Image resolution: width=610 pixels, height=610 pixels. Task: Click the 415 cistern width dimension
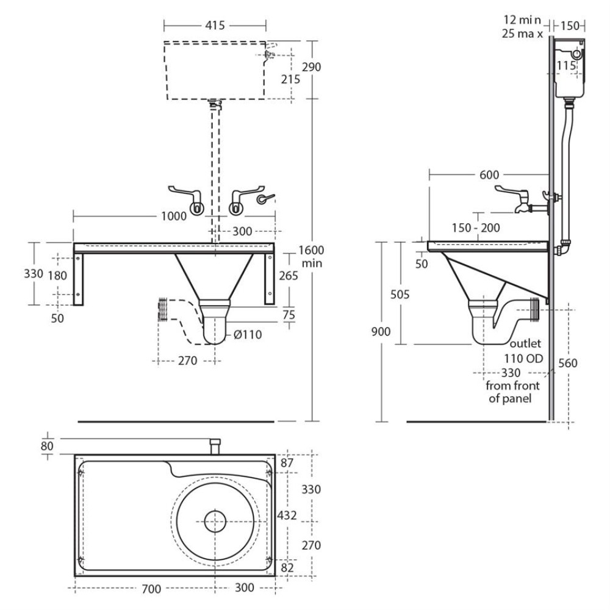pos(215,26)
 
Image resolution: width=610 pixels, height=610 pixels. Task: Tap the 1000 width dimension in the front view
pos(174,216)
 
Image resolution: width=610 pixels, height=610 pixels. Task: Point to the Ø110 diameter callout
pos(248,335)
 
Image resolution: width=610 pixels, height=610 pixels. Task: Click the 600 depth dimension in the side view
pos(489,174)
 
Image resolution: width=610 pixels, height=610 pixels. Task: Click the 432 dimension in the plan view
pos(287,515)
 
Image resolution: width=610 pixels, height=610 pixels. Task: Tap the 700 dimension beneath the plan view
pos(151,589)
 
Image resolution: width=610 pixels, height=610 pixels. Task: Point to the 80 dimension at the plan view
pos(48,446)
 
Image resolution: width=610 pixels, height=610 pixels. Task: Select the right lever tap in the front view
pos(238,200)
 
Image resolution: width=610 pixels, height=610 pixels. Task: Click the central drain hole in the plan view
pos(215,522)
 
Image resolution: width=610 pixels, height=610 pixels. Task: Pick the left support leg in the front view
pos(78,279)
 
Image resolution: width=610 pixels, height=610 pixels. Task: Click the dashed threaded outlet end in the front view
pos(163,310)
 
